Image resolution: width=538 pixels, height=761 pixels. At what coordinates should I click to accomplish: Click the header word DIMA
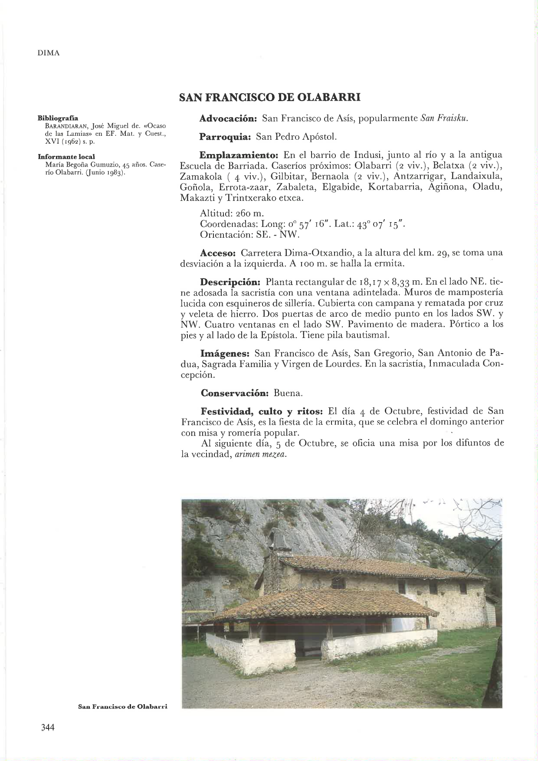[48, 53]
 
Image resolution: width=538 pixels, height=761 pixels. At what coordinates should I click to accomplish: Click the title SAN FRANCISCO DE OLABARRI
[270, 97]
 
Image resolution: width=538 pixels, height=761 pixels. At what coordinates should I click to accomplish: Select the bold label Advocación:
[229, 118]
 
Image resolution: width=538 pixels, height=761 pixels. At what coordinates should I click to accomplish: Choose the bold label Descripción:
[230, 282]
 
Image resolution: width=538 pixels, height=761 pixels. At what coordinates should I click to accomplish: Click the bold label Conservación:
[235, 394]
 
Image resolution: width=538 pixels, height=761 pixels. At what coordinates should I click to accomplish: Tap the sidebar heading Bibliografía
[58, 118]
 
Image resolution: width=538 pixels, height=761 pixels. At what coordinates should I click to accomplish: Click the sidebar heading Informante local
[66, 156]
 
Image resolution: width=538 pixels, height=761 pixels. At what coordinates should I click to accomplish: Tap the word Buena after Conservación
[288, 394]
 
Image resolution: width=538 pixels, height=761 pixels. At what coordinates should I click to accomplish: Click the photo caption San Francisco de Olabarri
[122, 706]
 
